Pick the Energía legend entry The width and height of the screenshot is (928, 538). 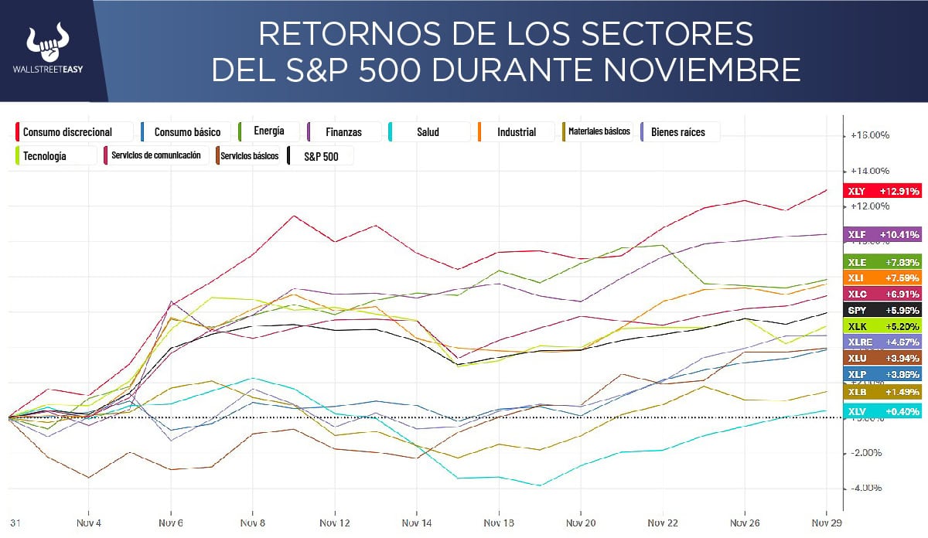(268, 131)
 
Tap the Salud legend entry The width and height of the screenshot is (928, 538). (428, 132)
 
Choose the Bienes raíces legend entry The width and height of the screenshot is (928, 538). (678, 132)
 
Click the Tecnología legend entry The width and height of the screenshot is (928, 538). (44, 156)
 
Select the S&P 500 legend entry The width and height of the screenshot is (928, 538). (319, 156)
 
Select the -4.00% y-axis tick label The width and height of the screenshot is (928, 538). (866, 488)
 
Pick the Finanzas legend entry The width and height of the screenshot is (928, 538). (343, 132)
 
